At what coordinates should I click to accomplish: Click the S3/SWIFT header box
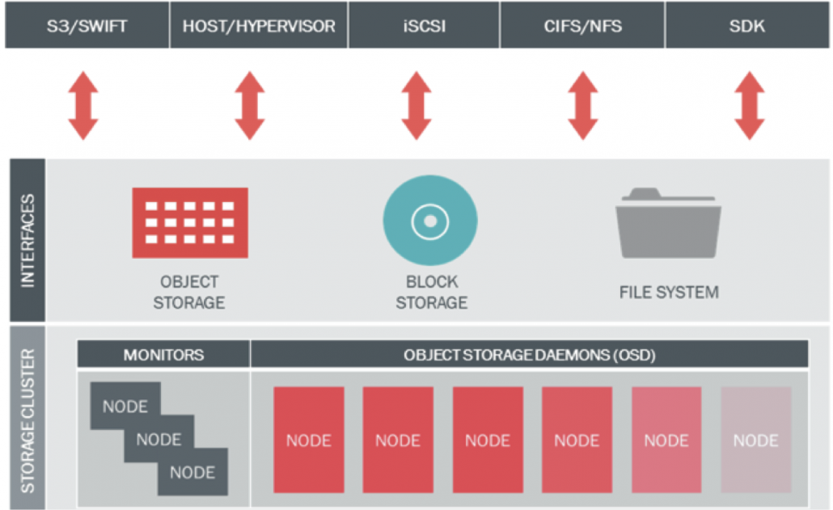tap(87, 25)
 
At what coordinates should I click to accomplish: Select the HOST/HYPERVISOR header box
tap(258, 25)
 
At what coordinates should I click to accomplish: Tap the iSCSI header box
tap(424, 25)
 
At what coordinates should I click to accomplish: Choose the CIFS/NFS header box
tap(582, 25)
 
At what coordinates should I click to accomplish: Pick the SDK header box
tap(747, 25)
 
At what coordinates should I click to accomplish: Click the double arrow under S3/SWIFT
tap(83, 105)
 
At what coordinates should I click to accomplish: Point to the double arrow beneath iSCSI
tap(416, 105)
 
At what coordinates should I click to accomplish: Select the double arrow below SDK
tap(750, 105)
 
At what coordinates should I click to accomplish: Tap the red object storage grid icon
tap(190, 222)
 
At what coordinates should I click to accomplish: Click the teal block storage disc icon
tap(430, 221)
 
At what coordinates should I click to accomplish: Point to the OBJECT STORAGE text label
tap(190, 293)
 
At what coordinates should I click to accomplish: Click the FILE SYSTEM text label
tap(669, 292)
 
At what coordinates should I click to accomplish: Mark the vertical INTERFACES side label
tap(27, 240)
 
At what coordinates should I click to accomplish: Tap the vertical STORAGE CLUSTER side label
tap(27, 418)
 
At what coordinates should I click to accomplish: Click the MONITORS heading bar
tap(163, 355)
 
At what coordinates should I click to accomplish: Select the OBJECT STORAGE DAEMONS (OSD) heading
tap(530, 355)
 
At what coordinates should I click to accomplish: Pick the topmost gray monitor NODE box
tap(125, 406)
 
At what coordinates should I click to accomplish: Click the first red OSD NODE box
tap(309, 440)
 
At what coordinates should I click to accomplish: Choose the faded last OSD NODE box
tap(755, 440)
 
